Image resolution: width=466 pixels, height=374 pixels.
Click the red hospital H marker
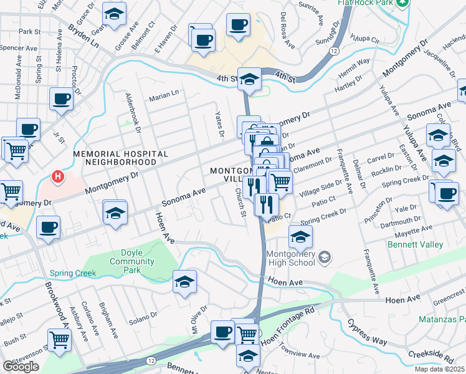tap(58, 177)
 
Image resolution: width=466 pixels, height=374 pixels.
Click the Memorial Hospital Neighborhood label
tap(120, 158)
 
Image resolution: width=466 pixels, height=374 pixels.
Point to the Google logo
tap(21, 366)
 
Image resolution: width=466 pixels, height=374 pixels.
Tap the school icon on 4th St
tap(249, 79)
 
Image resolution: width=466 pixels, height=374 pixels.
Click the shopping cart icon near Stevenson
tap(59, 340)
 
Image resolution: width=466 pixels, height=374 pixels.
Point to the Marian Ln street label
tap(163, 97)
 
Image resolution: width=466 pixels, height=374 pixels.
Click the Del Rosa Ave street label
tap(287, 30)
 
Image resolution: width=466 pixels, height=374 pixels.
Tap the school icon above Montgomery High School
tap(300, 237)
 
